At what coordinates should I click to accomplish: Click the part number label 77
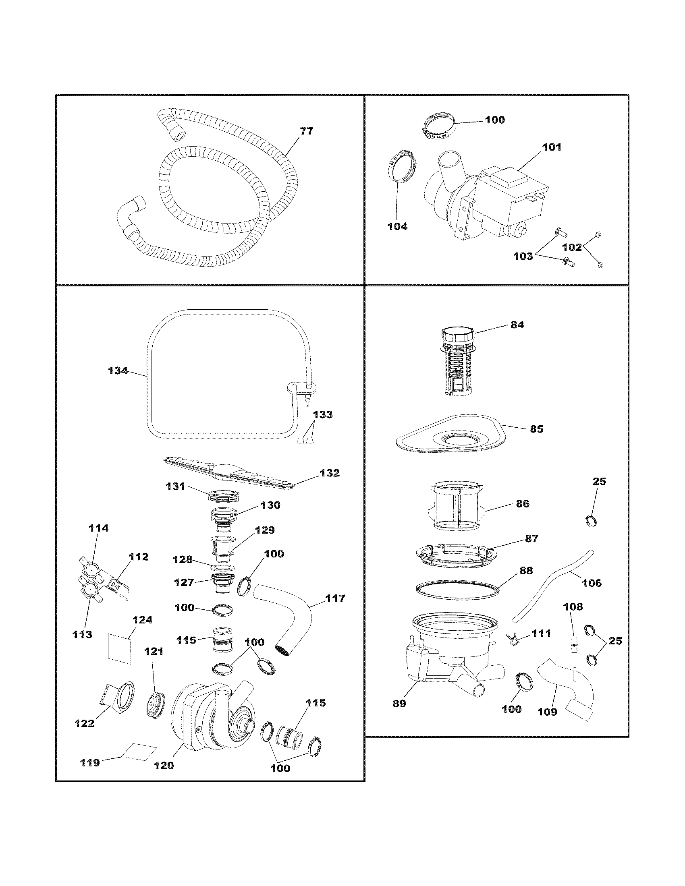tap(306, 131)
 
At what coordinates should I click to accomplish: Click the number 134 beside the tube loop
tap(118, 371)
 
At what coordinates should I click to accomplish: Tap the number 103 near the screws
tap(523, 257)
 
